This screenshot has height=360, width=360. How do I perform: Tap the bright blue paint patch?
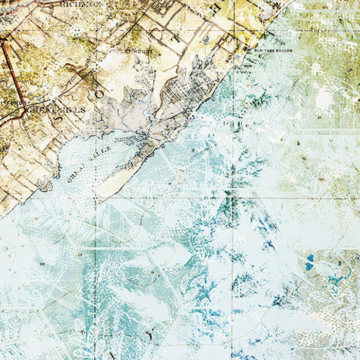click(x=310, y=263)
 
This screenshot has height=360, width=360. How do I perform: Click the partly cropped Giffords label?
click(x=12, y=102)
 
